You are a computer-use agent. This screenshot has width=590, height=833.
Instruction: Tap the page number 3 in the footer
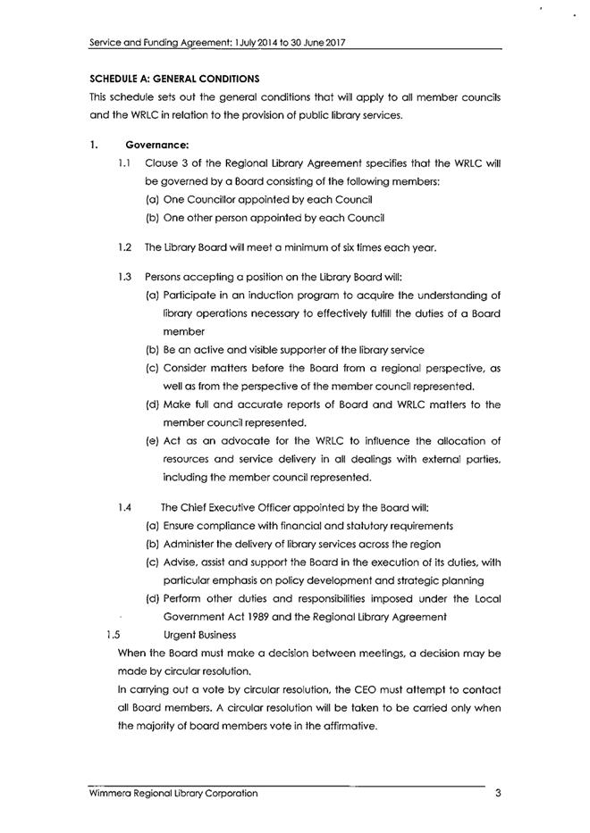point(497,793)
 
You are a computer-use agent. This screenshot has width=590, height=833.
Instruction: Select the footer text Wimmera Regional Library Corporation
point(173,793)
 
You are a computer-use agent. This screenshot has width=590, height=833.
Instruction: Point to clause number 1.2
point(125,246)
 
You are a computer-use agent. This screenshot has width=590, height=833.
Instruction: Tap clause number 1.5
point(112,636)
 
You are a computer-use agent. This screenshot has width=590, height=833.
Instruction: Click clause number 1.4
point(125,506)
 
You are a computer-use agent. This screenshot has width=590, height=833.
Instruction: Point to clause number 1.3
point(125,276)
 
